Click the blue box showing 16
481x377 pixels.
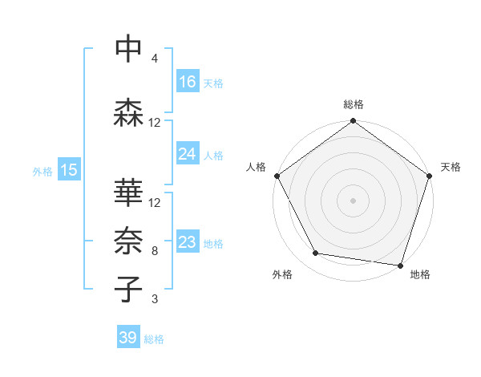tap(188, 82)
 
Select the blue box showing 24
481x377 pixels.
tap(188, 154)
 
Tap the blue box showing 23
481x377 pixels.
tap(188, 242)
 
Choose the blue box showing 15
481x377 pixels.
tap(69, 170)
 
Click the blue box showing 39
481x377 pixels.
tap(128, 338)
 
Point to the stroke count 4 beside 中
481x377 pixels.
tap(155, 59)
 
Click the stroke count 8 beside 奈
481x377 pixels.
tap(155, 251)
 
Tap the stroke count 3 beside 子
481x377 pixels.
tap(155, 300)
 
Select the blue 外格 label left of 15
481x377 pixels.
tap(42, 171)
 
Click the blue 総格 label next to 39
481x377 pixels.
tap(155, 339)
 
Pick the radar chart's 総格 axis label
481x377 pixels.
tap(353, 105)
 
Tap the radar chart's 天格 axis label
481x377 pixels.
tap(451, 167)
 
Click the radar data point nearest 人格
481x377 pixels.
tap(277, 176)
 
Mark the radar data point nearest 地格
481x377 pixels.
tap(400, 265)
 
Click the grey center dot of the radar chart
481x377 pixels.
tap(353, 200)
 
